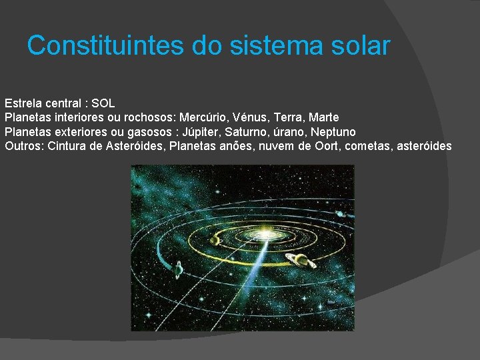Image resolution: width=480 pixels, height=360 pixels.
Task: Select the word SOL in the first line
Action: [103, 103]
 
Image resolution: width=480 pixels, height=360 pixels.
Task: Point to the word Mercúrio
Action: [203, 117]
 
